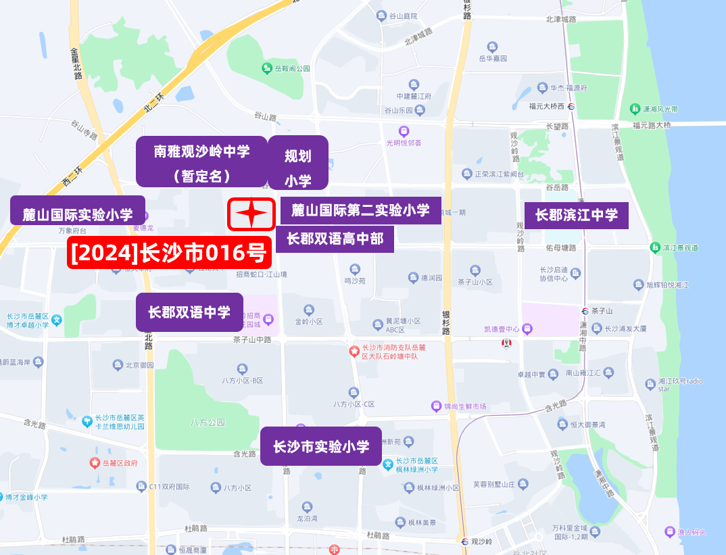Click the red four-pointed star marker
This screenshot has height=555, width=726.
coord(251,214)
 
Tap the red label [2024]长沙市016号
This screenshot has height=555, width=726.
coord(170,254)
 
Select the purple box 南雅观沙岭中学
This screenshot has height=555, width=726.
coord(201,162)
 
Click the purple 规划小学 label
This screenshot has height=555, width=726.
coord(298,163)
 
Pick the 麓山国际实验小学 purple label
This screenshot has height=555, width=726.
coord(78,215)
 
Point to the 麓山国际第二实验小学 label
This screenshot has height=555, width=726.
coord(360,210)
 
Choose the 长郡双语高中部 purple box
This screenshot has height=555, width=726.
coord(335,239)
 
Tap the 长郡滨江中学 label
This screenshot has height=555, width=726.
coord(577,215)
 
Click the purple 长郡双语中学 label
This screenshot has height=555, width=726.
coord(189,312)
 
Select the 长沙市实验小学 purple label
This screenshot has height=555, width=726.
coord(321,446)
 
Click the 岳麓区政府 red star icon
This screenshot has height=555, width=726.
coord(95,463)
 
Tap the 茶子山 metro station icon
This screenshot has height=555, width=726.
coord(585,311)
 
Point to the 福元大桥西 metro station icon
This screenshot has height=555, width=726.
coord(572,106)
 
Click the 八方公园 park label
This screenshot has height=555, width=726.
coord(208,423)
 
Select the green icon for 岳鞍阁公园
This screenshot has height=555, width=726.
coord(268,68)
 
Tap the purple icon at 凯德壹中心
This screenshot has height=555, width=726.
coord(527,329)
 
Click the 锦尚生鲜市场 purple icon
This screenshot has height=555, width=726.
coord(437,406)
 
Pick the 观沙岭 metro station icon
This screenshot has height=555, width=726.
coord(464,541)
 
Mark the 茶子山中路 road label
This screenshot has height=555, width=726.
coord(252,339)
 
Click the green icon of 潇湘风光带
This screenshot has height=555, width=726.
coord(635,109)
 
